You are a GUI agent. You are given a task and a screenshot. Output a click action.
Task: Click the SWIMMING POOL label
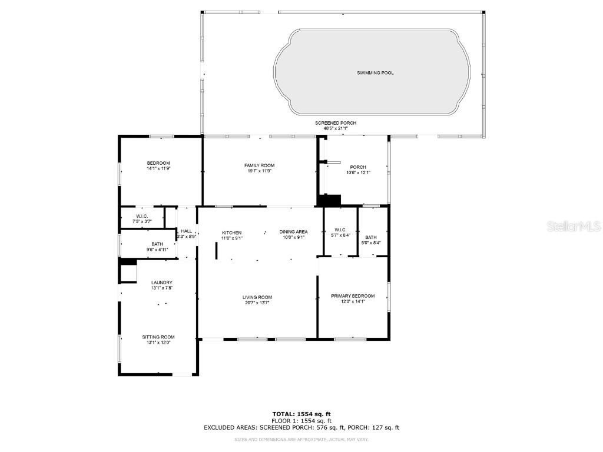375,73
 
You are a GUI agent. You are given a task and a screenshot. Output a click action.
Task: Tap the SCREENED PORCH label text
335,123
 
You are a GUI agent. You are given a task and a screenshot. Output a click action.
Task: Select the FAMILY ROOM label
260,165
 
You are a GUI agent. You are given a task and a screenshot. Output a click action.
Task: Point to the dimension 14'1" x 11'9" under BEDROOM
158,168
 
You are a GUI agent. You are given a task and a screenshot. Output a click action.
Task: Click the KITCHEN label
231,232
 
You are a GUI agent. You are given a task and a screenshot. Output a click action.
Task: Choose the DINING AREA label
293,232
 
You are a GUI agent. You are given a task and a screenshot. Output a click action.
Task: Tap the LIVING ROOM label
257,297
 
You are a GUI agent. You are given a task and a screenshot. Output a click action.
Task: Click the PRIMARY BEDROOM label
353,296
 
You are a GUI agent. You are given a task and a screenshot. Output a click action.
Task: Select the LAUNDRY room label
161,282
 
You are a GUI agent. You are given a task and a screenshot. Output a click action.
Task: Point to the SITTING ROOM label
158,337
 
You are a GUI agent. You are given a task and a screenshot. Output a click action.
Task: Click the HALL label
186,231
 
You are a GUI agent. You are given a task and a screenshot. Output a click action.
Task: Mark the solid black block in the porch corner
329,200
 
